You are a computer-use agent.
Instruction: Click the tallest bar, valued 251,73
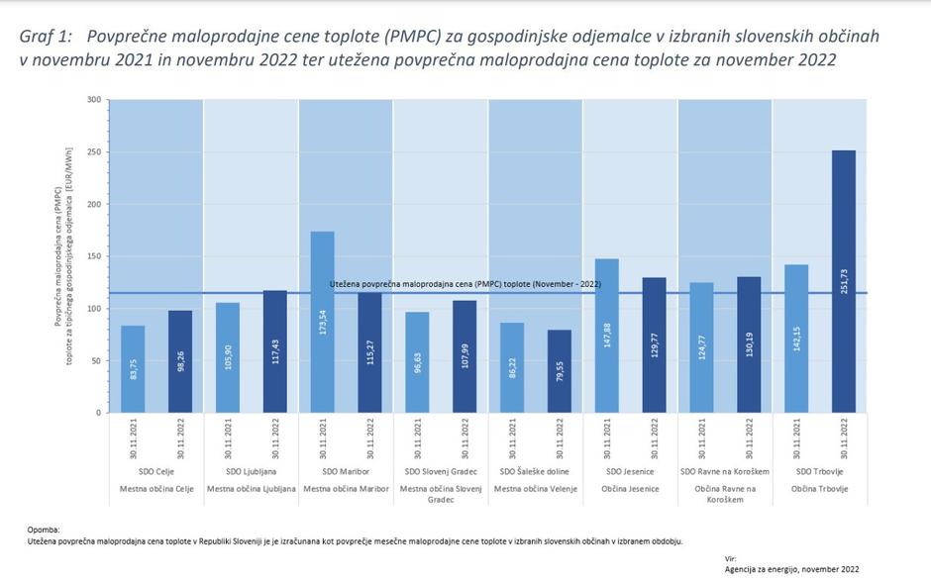click(843, 281)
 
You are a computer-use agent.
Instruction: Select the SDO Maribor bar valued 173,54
click(323, 322)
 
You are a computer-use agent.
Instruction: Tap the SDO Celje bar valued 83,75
click(133, 369)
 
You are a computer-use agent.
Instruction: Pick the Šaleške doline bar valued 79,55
click(560, 371)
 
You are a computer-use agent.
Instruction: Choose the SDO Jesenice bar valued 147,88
click(607, 336)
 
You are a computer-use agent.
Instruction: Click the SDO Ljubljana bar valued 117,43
click(275, 351)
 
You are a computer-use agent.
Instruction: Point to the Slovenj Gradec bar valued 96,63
click(417, 362)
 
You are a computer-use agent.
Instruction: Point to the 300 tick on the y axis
click(94, 100)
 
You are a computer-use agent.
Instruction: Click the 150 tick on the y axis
click(94, 256)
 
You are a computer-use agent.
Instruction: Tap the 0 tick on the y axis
click(98, 413)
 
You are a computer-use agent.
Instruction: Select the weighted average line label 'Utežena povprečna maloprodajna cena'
click(465, 284)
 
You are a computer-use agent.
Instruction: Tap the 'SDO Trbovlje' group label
click(819, 472)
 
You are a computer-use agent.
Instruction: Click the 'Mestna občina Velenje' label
click(536, 489)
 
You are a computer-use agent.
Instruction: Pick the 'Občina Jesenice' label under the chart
click(630, 489)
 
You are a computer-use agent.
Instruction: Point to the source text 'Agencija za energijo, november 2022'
click(791, 569)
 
